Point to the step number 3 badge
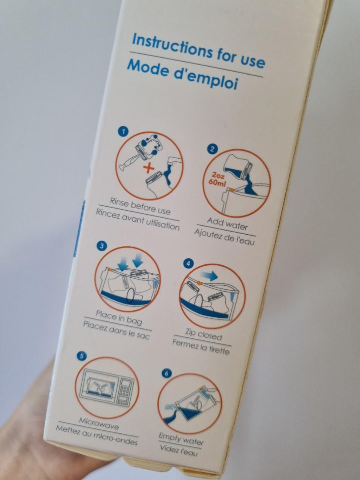coord(102,246)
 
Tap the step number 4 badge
coord(188,264)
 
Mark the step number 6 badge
coord(166,373)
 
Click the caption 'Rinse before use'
coord(140,207)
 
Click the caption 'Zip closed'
coord(203,334)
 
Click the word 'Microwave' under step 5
coord(99,421)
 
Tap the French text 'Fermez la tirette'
coord(201,347)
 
